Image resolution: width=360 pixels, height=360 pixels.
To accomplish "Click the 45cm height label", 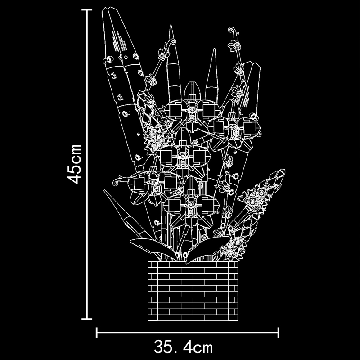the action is click(x=74, y=164).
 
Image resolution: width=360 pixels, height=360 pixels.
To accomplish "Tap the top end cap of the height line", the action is click(x=87, y=10).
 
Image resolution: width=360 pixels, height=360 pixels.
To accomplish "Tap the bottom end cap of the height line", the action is click(x=87, y=319).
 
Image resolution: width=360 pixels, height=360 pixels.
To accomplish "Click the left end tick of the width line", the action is click(x=97, y=333).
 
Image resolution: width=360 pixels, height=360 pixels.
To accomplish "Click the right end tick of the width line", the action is click(x=279, y=333).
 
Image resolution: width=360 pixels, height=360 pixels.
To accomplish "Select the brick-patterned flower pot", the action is click(x=193, y=291).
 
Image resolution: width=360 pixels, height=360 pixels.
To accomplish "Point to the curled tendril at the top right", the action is click(x=234, y=32).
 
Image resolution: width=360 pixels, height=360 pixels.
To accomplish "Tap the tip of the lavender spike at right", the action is click(x=283, y=171).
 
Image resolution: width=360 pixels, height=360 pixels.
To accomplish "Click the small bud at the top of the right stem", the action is click(x=234, y=45).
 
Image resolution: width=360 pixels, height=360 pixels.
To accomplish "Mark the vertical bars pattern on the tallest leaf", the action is click(x=119, y=41).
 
